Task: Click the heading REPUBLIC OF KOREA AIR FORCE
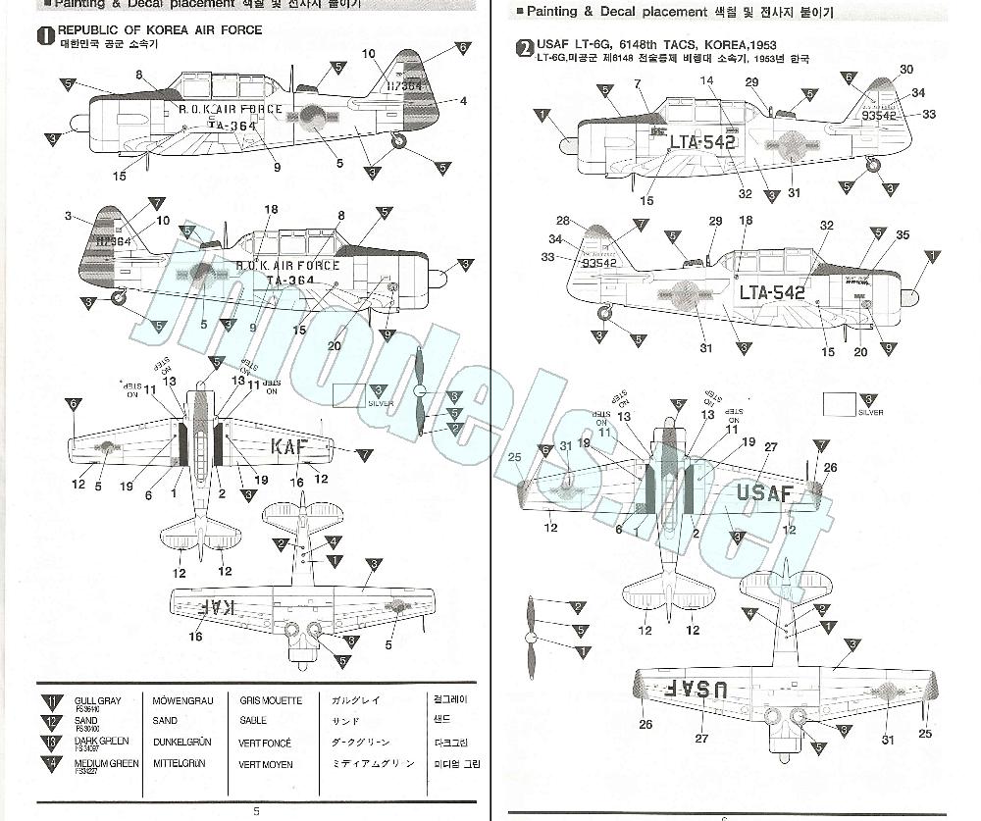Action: (160, 30)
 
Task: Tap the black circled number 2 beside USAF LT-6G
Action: (527, 46)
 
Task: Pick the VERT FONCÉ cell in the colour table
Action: (265, 744)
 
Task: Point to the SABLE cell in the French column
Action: (253, 721)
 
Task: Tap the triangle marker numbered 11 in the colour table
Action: (51, 702)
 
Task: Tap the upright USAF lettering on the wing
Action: (764, 493)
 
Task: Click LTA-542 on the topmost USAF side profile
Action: (701, 141)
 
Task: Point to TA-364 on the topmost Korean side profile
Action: (232, 126)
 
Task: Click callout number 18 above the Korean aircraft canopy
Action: (272, 209)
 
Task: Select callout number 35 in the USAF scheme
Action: (903, 235)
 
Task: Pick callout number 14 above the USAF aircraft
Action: (706, 80)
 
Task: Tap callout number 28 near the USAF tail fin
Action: (562, 221)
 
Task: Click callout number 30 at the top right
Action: (905, 70)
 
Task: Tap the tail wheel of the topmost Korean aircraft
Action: (398, 141)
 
